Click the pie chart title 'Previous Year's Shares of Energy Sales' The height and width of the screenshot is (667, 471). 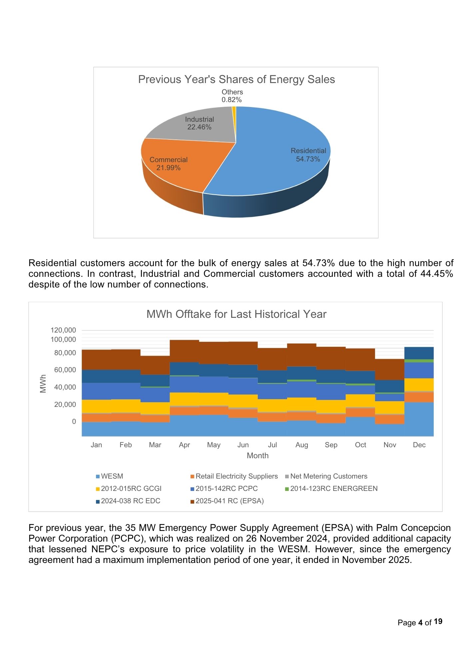tap(236, 79)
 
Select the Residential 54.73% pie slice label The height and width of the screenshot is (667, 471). tap(308, 155)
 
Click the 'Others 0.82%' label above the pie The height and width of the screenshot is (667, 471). tap(232, 96)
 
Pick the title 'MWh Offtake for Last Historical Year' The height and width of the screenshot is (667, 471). tap(236, 314)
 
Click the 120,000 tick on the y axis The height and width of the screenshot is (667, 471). tap(63, 330)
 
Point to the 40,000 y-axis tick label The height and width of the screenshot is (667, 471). tap(65, 387)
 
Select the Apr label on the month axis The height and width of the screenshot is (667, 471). tap(184, 445)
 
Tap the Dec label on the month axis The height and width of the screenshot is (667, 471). tap(419, 445)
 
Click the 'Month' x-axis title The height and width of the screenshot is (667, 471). tap(257, 456)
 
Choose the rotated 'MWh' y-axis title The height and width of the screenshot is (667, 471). tap(43, 384)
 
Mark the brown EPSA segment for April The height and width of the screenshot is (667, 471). tap(184, 351)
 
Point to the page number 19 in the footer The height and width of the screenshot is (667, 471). tap(438, 621)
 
